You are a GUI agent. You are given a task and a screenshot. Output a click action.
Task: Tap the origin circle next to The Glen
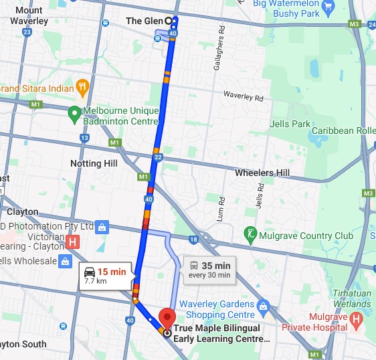coord(169,21)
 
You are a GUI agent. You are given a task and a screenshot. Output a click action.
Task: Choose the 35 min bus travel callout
coord(208,269)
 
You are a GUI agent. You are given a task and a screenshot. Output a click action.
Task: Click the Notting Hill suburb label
coord(94,163)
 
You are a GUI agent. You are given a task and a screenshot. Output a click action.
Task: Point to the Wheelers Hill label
coord(262,173)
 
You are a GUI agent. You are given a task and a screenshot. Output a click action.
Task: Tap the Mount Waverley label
coord(29,15)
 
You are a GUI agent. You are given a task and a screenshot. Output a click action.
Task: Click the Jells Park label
coord(290,124)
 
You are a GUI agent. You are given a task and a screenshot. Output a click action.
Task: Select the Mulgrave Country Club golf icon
coord(252,235)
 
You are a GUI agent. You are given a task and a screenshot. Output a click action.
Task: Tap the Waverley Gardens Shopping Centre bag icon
coord(263,306)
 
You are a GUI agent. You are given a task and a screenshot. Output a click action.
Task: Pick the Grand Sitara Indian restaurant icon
coord(82,86)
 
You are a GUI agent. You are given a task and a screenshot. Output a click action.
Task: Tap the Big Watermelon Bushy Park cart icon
coord(327,5)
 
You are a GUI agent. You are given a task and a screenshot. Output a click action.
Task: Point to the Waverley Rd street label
coord(244,97)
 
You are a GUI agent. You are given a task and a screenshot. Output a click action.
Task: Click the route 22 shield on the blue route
coord(158,157)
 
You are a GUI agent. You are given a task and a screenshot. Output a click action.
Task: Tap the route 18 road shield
coord(193,239)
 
